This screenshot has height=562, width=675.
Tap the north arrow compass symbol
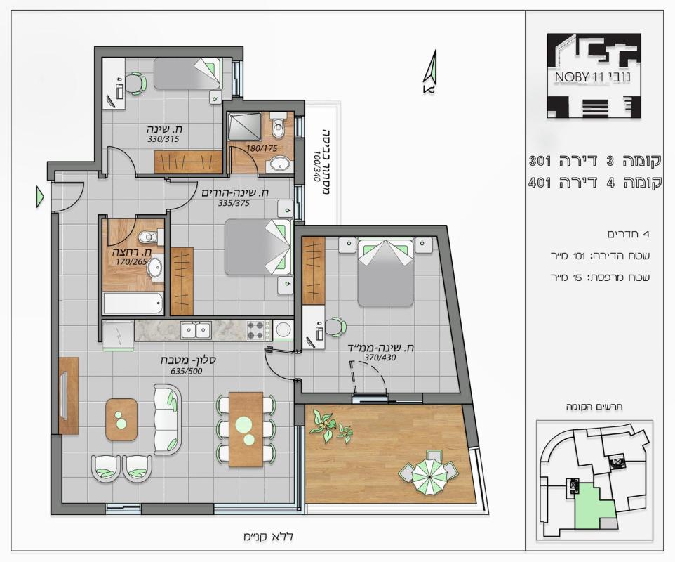pos(431,72)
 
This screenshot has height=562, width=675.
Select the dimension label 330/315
pos(163,139)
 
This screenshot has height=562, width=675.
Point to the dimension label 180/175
pos(262,149)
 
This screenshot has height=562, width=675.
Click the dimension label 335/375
pos(234,204)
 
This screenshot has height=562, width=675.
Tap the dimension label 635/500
pos(187,372)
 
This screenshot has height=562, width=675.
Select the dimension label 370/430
pos(380,358)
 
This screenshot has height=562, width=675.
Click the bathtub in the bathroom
pos(133,303)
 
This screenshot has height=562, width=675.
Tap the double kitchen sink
pos(196,331)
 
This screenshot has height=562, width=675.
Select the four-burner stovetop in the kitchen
pos(255,331)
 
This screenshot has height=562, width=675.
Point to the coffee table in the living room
pos(121,419)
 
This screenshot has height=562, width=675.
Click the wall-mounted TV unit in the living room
pos(69,396)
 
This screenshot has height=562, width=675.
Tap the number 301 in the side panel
pos(540,162)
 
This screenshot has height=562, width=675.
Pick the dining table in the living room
pos(246,429)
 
